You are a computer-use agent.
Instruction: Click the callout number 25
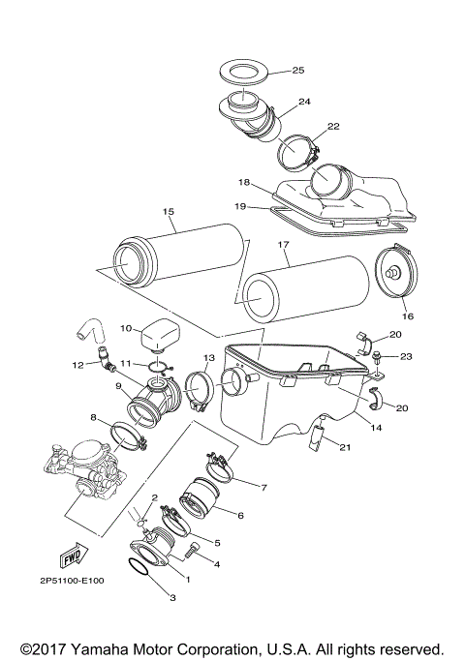(x=298, y=71)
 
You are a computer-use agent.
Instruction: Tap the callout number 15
(x=169, y=211)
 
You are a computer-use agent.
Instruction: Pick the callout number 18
(x=244, y=181)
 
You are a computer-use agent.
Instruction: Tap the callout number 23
(x=405, y=357)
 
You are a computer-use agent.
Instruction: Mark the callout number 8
(x=94, y=418)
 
